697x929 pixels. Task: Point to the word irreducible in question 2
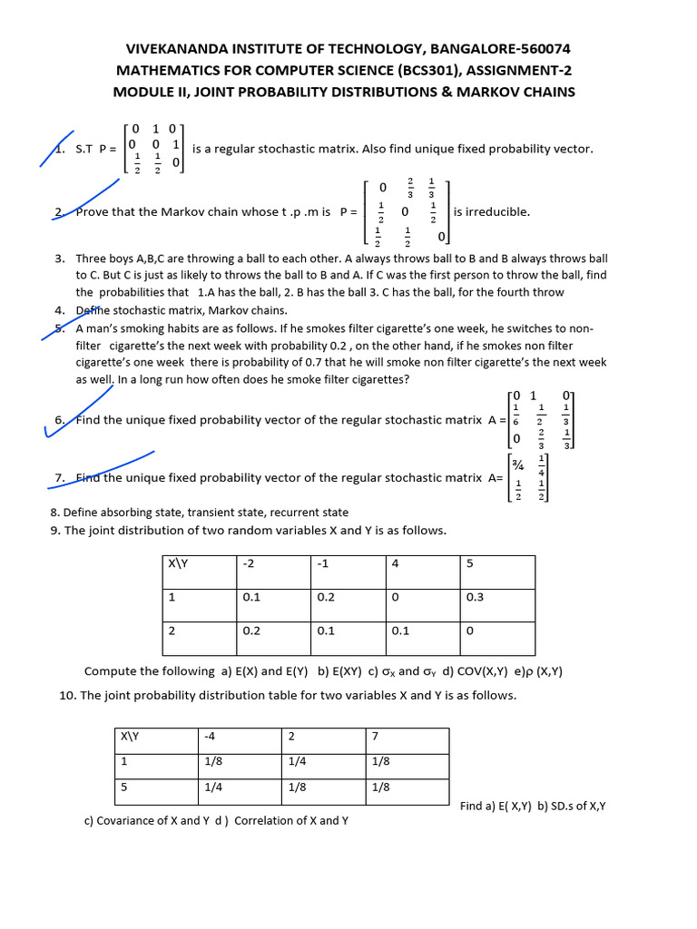[497, 211]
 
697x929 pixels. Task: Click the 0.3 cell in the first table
[476, 597]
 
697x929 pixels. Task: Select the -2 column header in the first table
[250, 563]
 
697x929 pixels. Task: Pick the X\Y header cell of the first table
[177, 563]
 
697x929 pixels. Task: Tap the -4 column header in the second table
[212, 736]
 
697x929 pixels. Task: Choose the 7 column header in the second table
[376, 736]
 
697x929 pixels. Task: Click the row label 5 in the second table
[124, 787]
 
